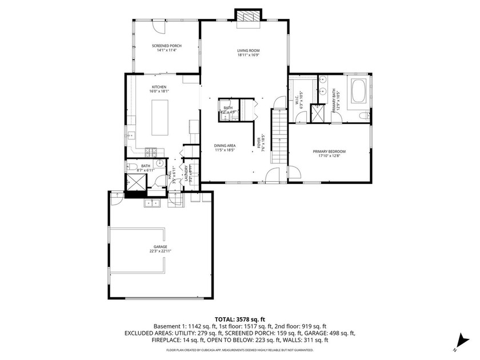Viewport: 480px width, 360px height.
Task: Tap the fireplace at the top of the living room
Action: point(249,18)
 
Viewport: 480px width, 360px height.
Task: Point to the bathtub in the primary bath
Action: point(359,92)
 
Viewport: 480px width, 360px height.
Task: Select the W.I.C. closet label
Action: point(297,101)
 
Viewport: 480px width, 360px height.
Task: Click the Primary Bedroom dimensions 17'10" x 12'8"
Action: point(329,156)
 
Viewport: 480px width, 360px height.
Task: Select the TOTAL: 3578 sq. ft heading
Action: point(239,319)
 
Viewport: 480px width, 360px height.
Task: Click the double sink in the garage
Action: point(152,202)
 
